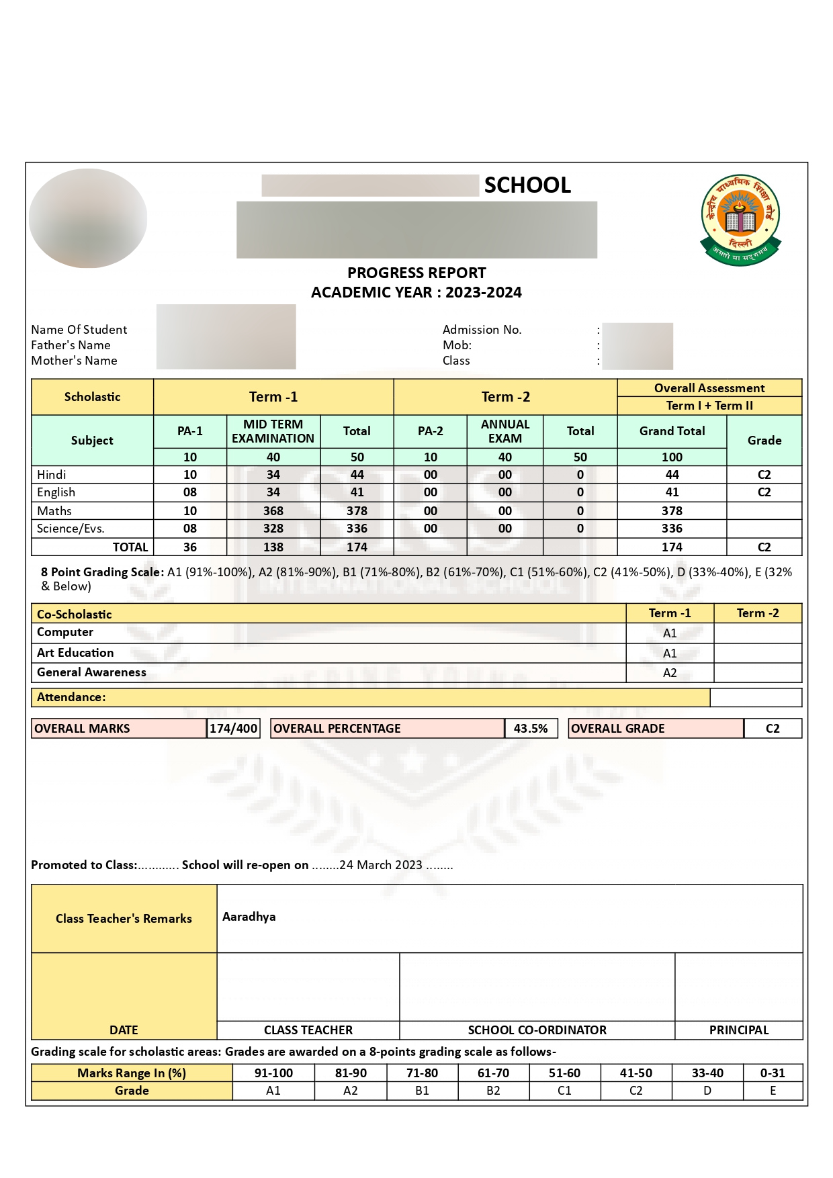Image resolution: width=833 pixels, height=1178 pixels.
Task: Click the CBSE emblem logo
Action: [x=740, y=220]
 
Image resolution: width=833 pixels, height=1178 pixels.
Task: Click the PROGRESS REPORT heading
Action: [x=416, y=273]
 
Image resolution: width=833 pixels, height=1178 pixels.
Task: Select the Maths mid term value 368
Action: [x=273, y=511]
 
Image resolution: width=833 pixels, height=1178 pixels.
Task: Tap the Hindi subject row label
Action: [x=52, y=475]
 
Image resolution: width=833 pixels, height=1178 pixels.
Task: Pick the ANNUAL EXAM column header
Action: [x=505, y=431]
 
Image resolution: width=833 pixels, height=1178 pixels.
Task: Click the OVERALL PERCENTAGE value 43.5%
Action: [x=531, y=729]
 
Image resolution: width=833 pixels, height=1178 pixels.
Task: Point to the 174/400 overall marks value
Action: [x=233, y=729]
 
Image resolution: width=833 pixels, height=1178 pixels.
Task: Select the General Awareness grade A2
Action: [x=670, y=673]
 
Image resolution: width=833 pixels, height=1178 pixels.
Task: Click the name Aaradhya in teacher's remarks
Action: [x=249, y=917]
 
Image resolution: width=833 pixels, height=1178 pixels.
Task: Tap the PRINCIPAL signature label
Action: [x=739, y=1030]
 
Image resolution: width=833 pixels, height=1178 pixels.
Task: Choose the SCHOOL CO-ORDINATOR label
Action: [x=537, y=1030]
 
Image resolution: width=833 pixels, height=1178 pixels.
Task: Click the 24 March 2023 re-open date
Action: [x=381, y=865]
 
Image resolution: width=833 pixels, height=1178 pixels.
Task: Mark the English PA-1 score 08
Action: [x=190, y=492]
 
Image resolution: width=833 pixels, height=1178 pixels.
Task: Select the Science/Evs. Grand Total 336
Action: [x=672, y=529]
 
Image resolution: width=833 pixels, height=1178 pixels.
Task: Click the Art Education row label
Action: [x=75, y=653]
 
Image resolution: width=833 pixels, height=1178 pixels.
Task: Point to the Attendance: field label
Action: [x=71, y=697]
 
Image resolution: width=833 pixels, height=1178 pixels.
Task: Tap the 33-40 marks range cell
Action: [x=707, y=1073]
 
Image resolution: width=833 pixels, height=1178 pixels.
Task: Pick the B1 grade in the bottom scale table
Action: [x=422, y=1091]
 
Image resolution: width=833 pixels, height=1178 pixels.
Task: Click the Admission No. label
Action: [x=482, y=330]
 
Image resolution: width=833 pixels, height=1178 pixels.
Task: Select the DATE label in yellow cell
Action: [x=124, y=1030]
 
